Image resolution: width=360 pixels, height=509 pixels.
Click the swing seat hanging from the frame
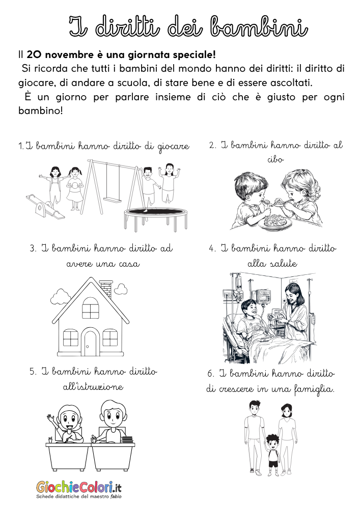coord(113,199)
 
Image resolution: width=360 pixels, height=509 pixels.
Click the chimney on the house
coord(106,287)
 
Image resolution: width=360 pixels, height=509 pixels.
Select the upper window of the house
coord(91,307)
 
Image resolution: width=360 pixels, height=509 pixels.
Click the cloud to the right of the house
coord(121,289)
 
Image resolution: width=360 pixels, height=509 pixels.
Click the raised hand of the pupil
coord(50,420)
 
